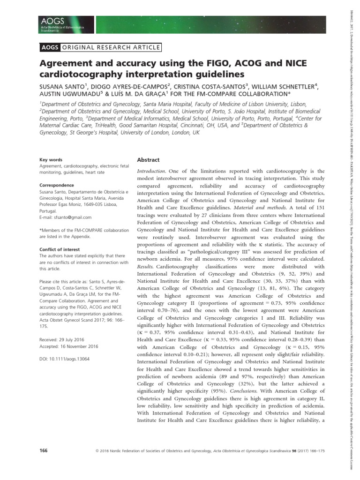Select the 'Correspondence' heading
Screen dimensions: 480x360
pos(55,185)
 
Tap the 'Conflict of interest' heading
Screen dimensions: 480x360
pos(58,249)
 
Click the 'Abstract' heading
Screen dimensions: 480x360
pos(148,160)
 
